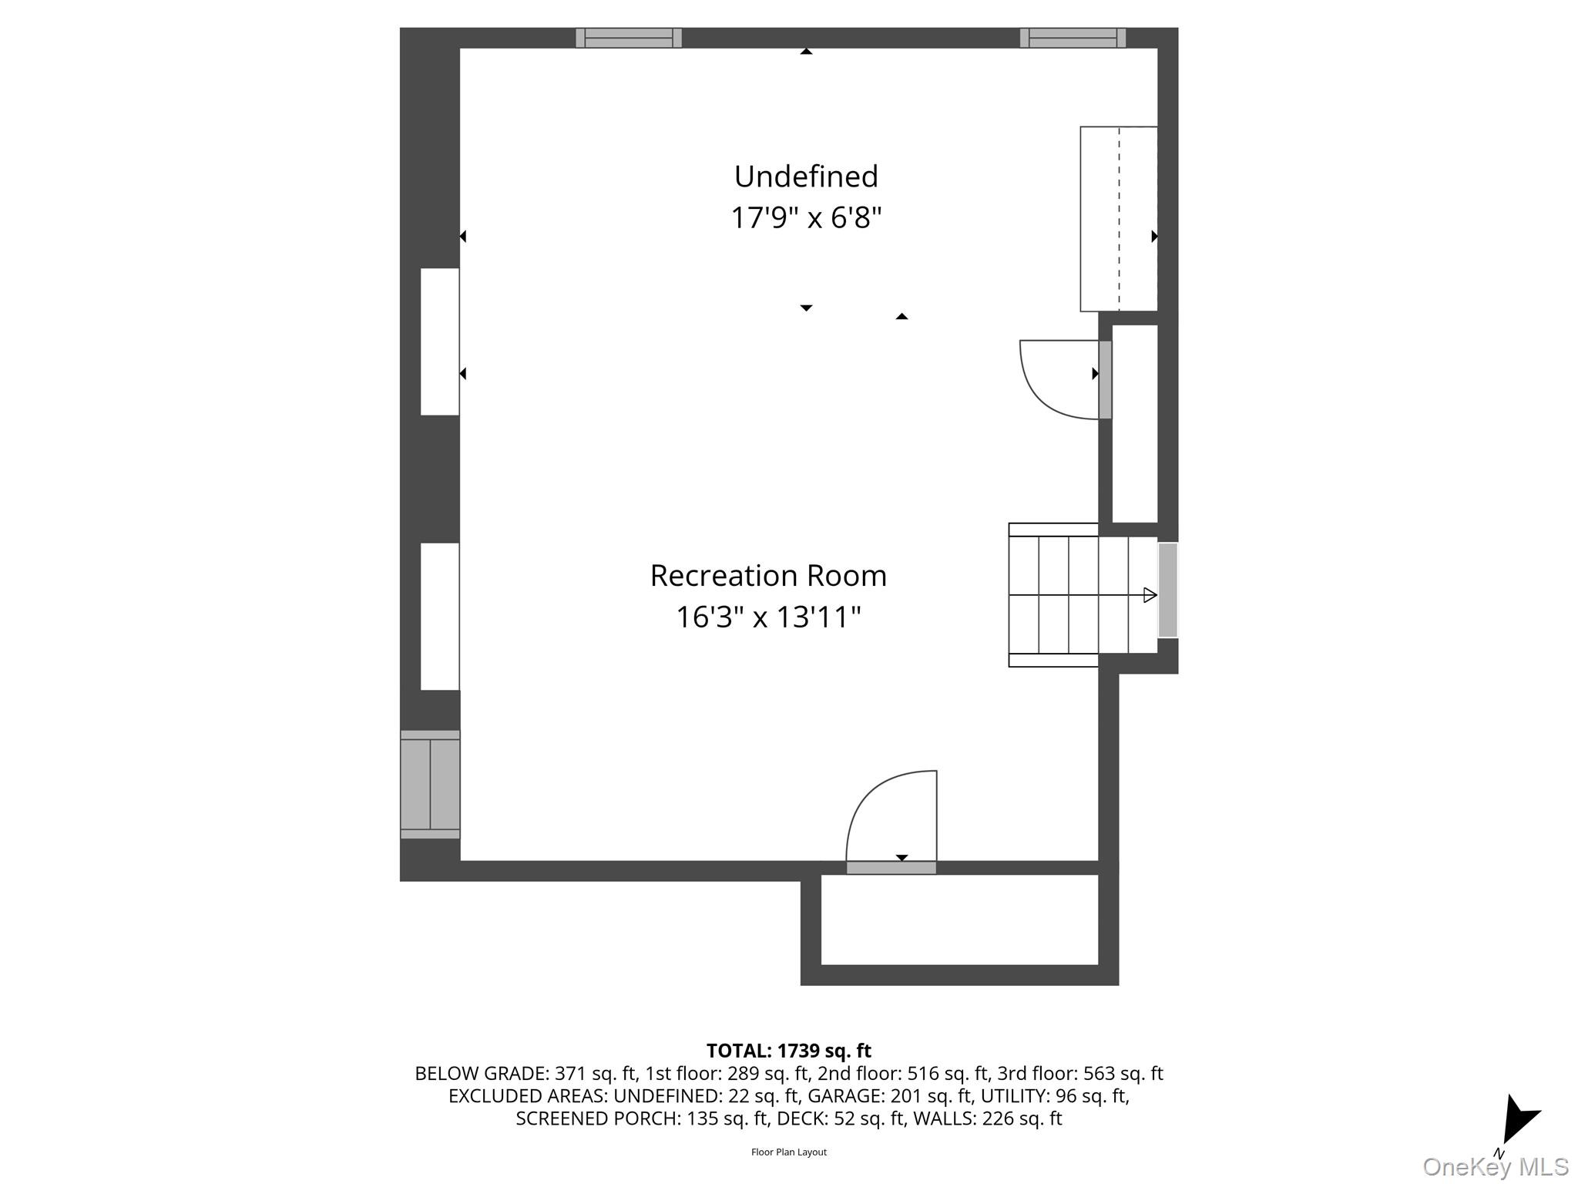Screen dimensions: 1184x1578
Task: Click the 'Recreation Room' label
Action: (768, 576)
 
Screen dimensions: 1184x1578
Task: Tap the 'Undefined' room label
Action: (806, 177)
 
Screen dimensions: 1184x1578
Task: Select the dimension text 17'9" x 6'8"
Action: (806, 218)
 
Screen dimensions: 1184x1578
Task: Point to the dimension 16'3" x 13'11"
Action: (768, 617)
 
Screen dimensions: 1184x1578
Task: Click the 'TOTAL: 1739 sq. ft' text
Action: (788, 1051)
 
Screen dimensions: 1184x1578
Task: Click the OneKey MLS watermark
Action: (1495, 1166)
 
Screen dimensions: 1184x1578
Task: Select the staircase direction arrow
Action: (1149, 595)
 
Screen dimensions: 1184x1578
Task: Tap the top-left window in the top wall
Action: (629, 38)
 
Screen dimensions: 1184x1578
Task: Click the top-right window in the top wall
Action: (1073, 38)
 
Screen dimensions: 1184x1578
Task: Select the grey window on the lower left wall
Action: (430, 784)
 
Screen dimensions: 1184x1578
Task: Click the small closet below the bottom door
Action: (959, 919)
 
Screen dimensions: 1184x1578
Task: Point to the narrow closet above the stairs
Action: (1135, 423)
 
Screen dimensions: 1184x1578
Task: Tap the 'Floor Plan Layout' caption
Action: (788, 1152)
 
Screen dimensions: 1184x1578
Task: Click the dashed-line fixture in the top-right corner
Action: (1119, 219)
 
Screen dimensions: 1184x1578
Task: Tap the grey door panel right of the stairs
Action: (1167, 590)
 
